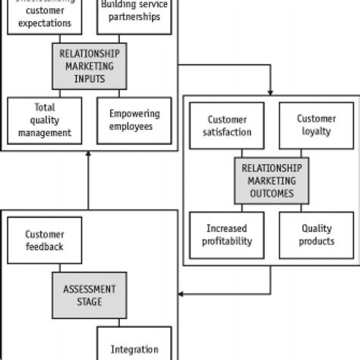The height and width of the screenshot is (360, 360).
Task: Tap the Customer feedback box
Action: [43, 240]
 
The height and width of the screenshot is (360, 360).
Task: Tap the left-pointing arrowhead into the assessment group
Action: [182, 292]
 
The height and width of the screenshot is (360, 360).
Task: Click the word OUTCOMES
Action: [271, 193]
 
